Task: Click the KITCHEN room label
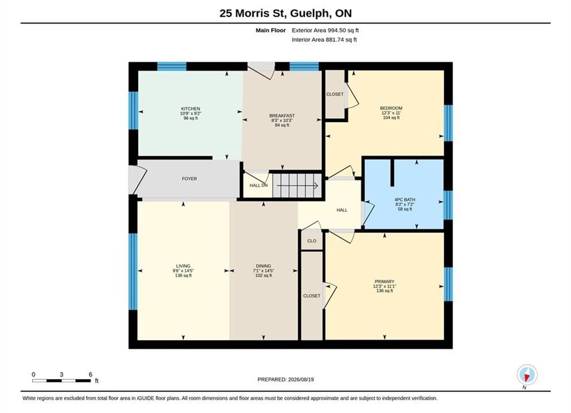[x=191, y=109]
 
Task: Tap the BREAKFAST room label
[x=282, y=116]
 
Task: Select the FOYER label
[x=189, y=178]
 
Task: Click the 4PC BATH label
[x=405, y=200]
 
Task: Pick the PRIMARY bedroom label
[x=384, y=281]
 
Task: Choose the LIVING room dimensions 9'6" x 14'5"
[x=183, y=271]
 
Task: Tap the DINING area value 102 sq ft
[x=263, y=275]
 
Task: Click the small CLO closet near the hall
[x=312, y=241]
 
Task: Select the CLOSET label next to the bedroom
[x=335, y=94]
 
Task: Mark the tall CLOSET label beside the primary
[x=312, y=296]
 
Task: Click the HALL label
[x=342, y=210]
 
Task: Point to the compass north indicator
[x=527, y=375]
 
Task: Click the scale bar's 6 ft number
[x=90, y=375]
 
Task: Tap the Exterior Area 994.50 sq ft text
[x=325, y=30]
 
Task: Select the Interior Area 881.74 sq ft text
[x=324, y=40]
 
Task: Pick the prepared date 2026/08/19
[x=301, y=380]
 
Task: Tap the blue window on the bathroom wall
[x=448, y=205]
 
